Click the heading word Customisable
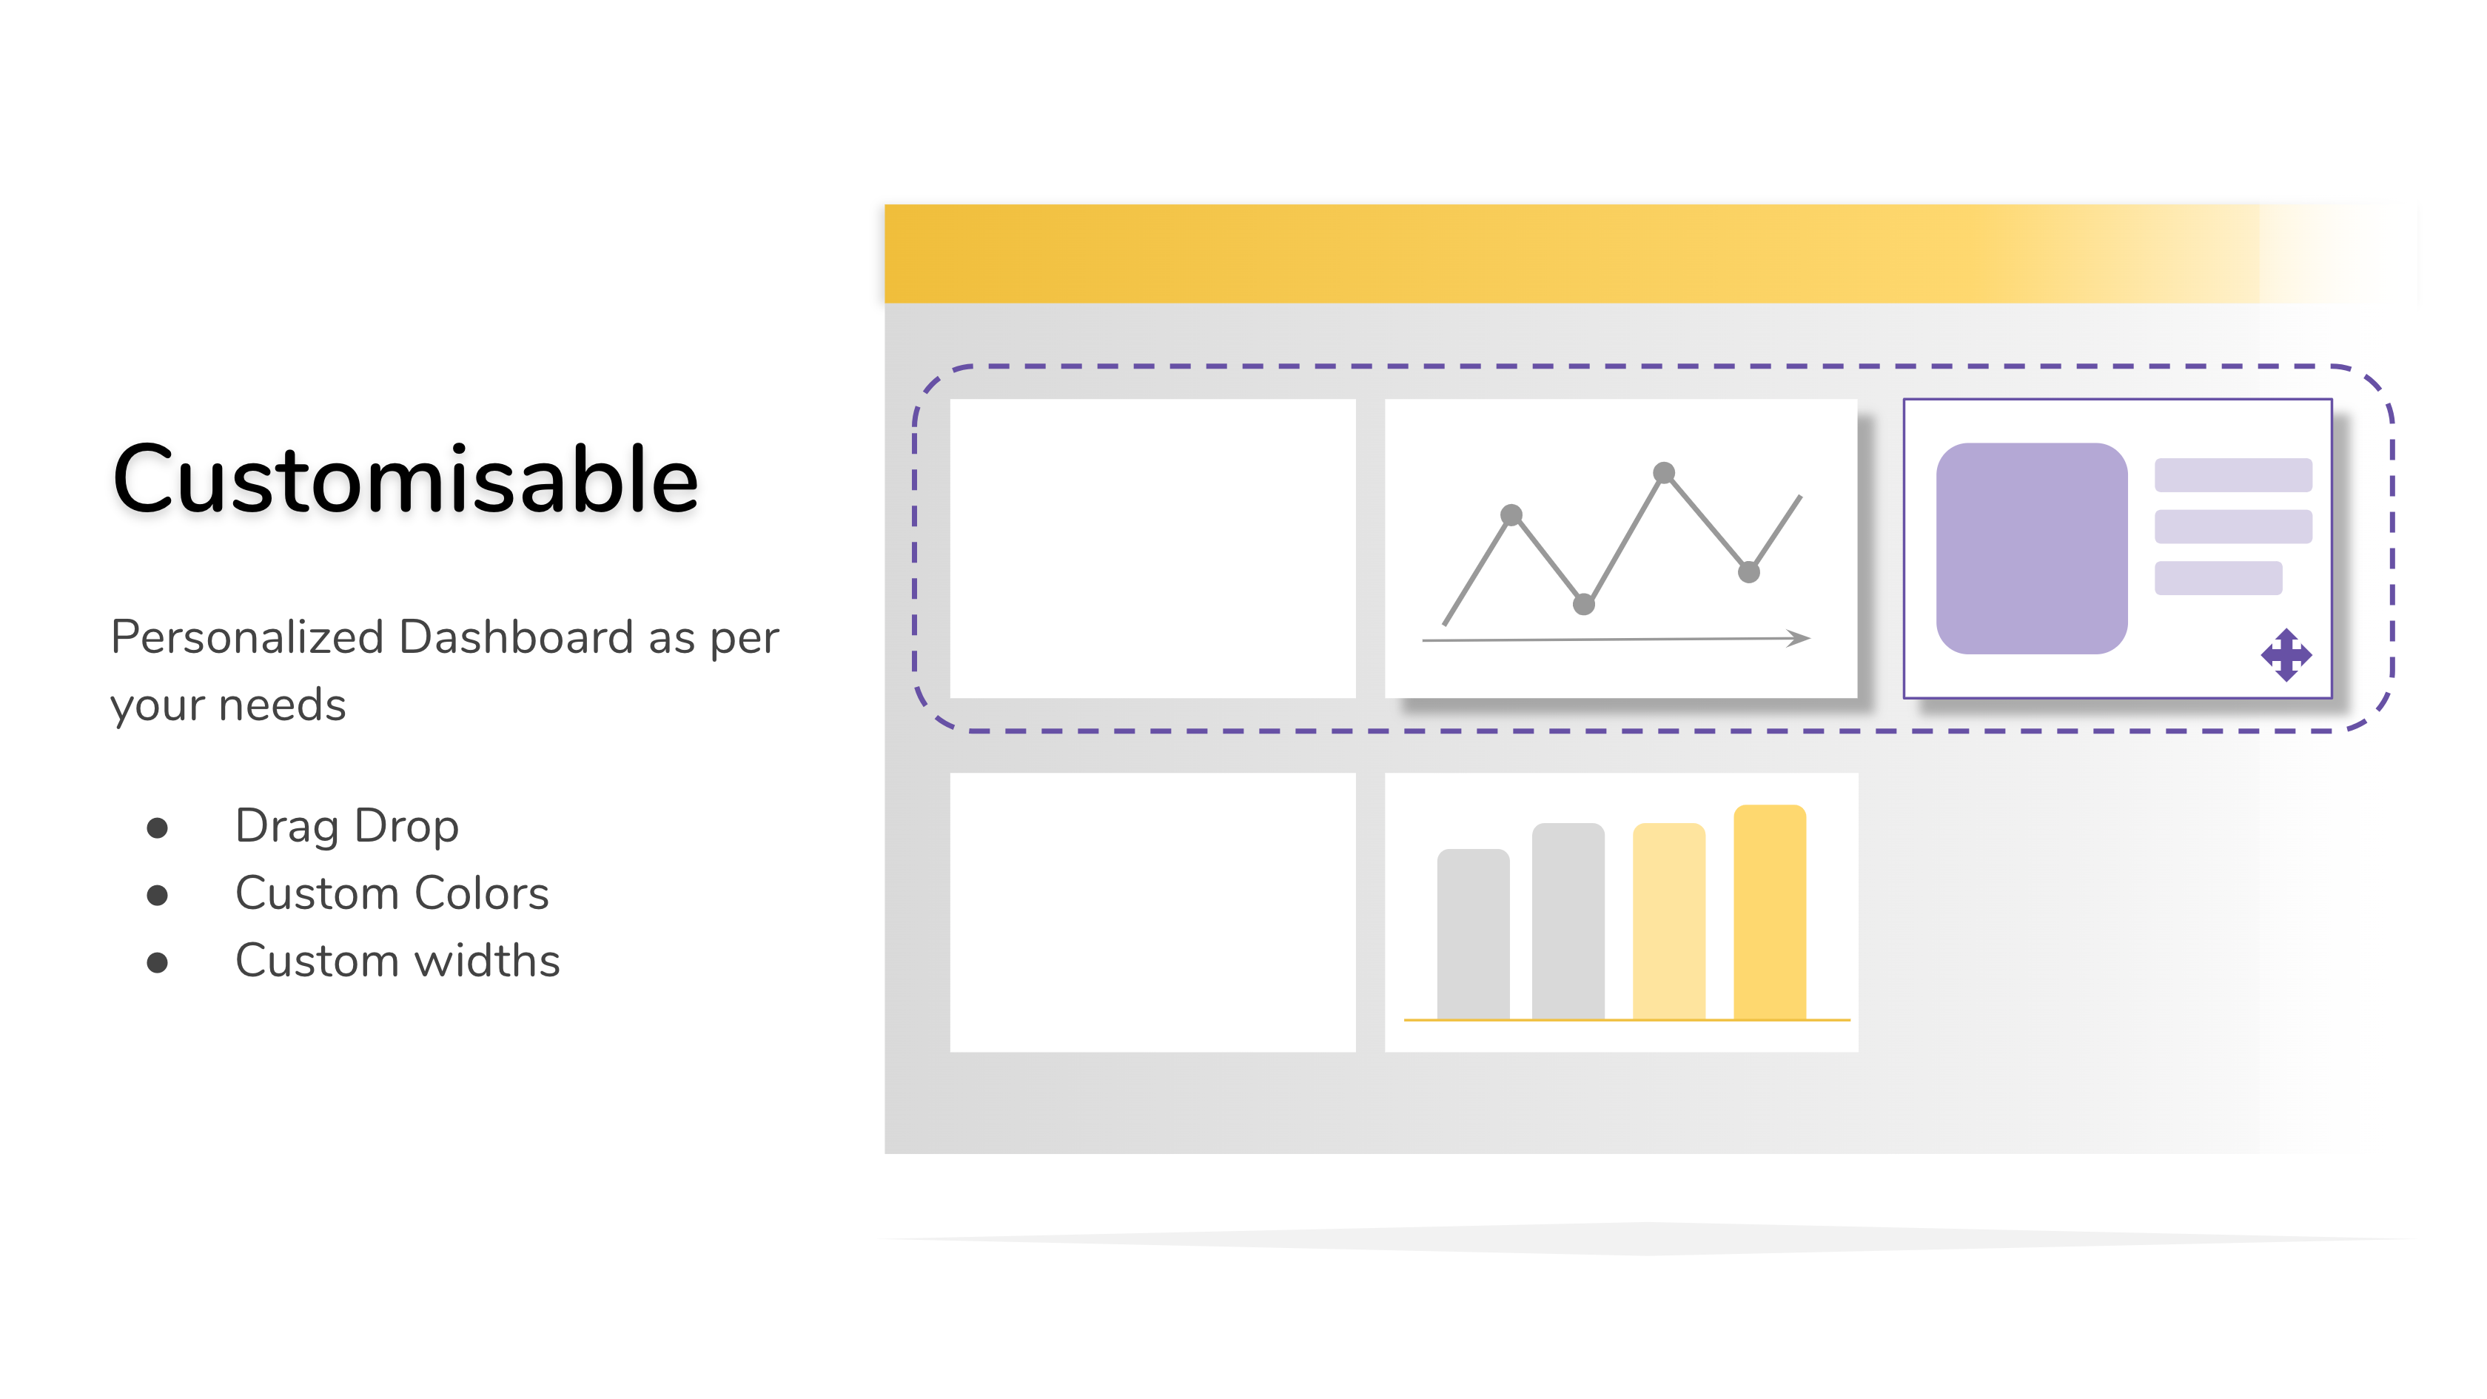(406, 479)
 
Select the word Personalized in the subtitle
(247, 637)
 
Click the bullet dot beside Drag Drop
(158, 828)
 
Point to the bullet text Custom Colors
(392, 893)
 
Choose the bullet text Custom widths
(397, 961)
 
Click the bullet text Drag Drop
(346, 827)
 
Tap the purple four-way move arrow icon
(2286, 656)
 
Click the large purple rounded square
(2031, 548)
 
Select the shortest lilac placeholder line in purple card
(2218, 578)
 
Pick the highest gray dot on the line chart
(1663, 473)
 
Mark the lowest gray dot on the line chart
(1583, 605)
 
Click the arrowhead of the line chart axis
(1799, 638)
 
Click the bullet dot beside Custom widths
(158, 962)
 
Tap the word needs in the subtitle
(282, 705)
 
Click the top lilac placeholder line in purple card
(2233, 475)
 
